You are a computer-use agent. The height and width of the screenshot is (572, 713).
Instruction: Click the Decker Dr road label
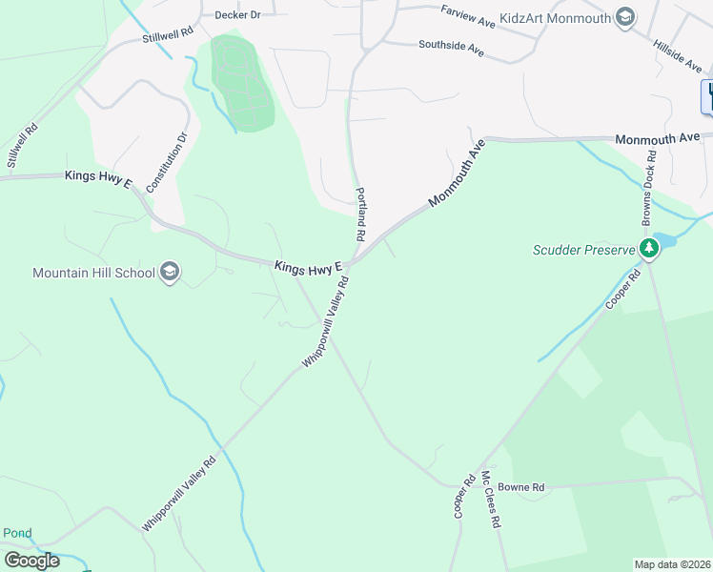(237, 15)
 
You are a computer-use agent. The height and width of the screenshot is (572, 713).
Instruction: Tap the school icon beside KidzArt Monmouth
(625, 17)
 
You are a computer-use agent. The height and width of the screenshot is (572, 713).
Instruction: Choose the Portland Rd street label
(362, 213)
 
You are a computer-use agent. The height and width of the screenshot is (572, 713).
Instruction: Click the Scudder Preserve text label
(583, 250)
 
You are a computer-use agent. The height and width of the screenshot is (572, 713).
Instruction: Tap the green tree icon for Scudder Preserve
(650, 249)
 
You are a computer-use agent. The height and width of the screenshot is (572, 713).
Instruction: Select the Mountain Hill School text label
(93, 273)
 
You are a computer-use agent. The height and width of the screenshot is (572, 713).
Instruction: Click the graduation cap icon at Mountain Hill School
(170, 273)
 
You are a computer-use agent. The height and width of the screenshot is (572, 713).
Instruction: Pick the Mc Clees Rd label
(492, 500)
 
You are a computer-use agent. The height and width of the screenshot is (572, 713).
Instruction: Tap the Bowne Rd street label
(525, 487)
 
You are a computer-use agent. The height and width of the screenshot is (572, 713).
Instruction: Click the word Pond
(17, 533)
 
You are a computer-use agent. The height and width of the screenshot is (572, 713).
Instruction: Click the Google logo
(31, 561)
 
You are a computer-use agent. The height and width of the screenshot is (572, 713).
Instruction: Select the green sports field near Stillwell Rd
(239, 83)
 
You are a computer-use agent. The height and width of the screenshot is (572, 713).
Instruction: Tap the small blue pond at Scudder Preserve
(665, 240)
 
